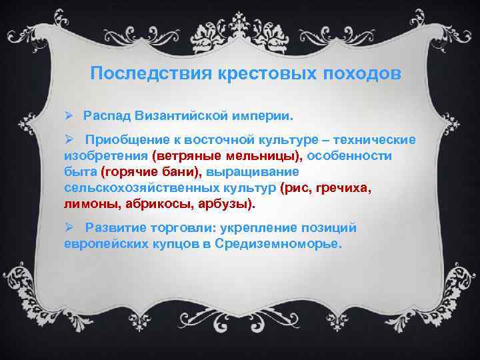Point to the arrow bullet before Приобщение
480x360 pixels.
point(68,140)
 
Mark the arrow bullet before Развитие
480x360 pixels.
point(68,228)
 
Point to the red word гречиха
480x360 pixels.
point(343,187)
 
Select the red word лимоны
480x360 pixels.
point(87,203)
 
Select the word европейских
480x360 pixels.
point(104,243)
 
